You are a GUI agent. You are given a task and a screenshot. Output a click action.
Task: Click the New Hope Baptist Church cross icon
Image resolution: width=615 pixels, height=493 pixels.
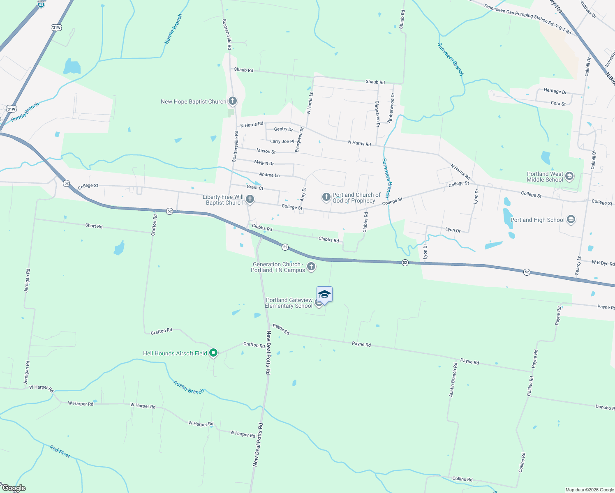233,101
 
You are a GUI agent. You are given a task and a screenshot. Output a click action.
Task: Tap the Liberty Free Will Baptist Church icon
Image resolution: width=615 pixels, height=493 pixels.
250,200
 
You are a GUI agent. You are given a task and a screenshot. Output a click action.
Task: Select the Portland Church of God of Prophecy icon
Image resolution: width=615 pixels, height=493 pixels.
326,198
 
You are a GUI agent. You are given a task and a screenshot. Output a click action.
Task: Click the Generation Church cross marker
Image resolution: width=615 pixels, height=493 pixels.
311,267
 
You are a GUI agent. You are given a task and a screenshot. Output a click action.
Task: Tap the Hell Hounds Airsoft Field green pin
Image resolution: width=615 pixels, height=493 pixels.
213,353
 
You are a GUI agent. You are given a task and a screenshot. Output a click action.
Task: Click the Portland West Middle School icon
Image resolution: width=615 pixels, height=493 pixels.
569,177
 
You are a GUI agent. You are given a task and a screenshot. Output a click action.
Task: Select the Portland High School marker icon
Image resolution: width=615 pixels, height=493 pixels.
571,220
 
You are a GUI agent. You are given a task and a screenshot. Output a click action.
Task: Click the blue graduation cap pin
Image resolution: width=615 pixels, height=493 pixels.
324,295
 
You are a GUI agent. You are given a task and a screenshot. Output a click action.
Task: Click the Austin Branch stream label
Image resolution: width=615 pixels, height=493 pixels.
188,387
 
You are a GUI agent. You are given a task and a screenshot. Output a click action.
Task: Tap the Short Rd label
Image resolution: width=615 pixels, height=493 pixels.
94,226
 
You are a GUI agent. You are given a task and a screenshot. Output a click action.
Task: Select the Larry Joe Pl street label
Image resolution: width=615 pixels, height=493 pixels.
282,141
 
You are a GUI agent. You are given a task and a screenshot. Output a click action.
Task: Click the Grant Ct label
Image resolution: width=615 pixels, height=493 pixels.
255,188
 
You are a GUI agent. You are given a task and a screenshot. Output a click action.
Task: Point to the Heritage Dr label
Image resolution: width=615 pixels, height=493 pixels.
555,91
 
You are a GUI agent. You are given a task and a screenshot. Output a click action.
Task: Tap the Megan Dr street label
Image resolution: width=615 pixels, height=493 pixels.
264,163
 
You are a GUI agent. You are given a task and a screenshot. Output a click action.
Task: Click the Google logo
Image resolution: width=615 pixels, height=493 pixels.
14,488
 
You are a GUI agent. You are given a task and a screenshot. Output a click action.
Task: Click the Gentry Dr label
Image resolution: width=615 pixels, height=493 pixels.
283,129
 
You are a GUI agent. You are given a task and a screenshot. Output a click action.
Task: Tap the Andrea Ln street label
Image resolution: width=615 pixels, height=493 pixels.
269,175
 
